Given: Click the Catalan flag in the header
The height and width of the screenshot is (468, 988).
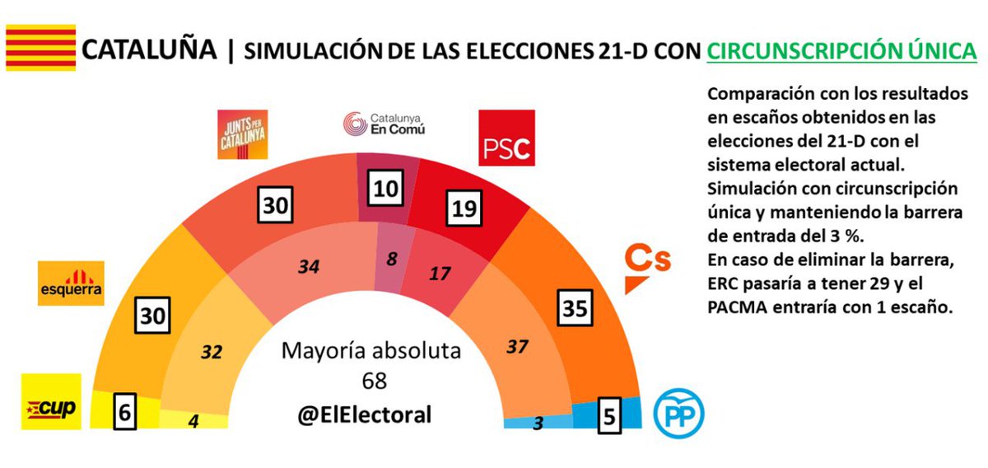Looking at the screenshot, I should [40, 48].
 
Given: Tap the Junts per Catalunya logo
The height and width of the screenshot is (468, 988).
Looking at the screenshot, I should [242, 133].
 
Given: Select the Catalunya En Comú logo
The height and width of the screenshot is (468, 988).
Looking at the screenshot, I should [384, 124].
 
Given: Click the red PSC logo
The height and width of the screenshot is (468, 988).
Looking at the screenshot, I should [506, 138].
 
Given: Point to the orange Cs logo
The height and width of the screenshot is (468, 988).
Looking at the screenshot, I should [647, 269].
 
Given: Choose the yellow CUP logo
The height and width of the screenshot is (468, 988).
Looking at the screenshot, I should [51, 402].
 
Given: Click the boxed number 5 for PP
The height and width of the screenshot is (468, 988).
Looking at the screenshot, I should [609, 417].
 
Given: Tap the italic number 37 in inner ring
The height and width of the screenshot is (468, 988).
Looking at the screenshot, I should [516, 347].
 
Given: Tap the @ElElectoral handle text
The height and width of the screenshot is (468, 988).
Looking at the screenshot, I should [363, 414].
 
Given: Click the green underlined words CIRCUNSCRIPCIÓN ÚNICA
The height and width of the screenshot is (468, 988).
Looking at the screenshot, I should [841, 51].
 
